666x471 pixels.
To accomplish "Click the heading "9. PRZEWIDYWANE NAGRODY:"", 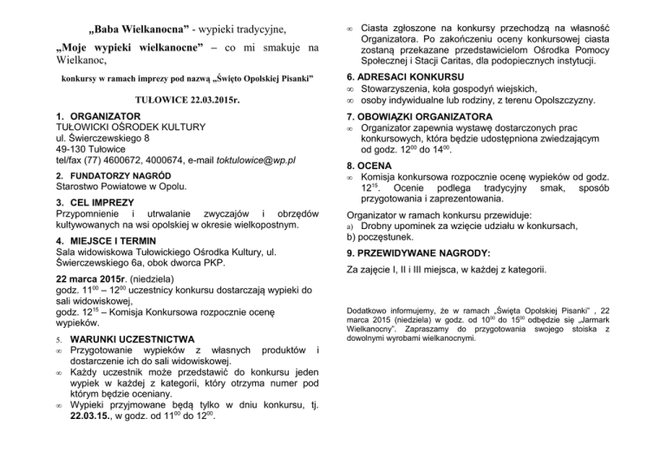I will coord(418,253).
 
